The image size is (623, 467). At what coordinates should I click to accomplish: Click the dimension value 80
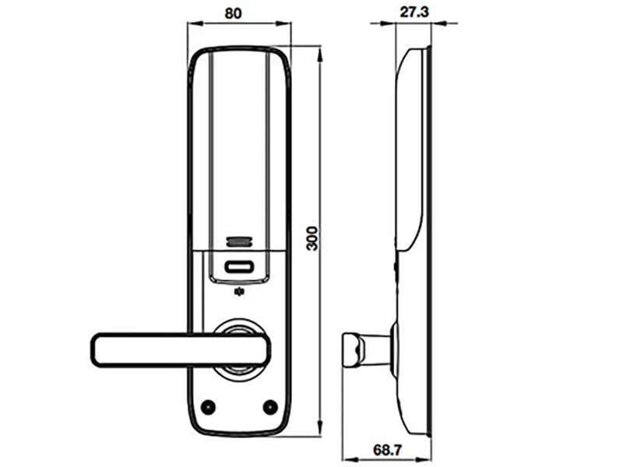click(238, 12)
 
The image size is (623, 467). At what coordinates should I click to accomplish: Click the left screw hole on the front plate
click(207, 406)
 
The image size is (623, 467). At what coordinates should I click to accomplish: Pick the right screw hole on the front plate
click(270, 406)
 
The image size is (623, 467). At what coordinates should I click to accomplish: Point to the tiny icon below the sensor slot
click(238, 293)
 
